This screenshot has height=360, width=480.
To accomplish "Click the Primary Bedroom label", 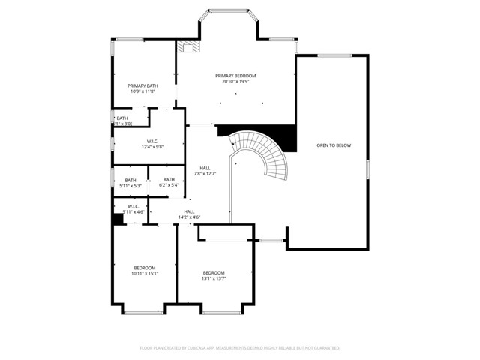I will [x=235, y=76].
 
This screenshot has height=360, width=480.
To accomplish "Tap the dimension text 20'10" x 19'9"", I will [x=235, y=82].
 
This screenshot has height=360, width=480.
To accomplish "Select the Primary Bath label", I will [x=142, y=85].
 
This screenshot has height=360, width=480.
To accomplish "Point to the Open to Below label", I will [x=334, y=145].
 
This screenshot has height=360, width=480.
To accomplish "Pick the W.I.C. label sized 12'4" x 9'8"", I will [x=152, y=141].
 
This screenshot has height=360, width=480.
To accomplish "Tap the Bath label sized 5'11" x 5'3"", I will [x=130, y=180].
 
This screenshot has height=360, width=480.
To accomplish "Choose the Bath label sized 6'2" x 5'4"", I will [x=169, y=180].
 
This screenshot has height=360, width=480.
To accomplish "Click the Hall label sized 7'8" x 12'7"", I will [x=205, y=168].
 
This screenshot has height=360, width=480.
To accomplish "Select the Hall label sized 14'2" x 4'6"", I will [x=189, y=211].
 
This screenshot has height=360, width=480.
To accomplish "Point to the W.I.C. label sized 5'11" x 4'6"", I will [x=133, y=206].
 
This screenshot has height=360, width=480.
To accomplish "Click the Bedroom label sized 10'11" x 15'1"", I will [x=145, y=268].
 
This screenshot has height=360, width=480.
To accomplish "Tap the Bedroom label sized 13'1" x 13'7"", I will [x=214, y=272].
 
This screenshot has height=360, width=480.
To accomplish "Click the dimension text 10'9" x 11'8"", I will [x=142, y=91].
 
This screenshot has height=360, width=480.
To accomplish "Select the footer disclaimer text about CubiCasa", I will [x=240, y=348].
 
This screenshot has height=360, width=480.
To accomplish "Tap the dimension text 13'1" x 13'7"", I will [x=214, y=278].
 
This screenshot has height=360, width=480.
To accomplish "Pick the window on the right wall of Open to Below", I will [x=368, y=169].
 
